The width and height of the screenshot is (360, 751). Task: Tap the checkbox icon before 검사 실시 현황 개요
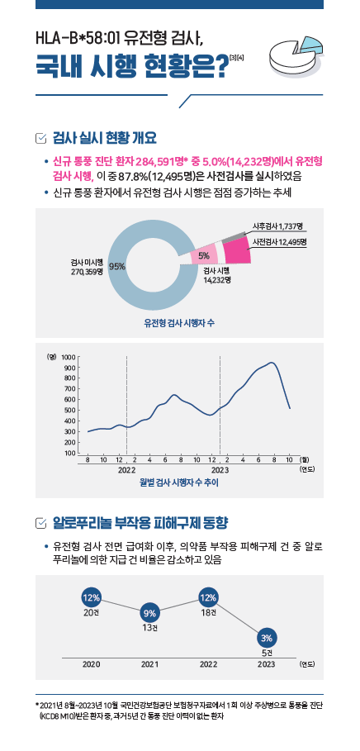(41, 139)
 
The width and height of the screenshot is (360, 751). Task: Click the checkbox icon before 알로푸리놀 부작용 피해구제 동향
(41, 521)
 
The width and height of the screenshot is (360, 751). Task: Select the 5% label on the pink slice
(204, 254)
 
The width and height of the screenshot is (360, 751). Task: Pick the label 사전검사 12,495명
(280, 241)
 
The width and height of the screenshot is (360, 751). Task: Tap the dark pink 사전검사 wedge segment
(237, 251)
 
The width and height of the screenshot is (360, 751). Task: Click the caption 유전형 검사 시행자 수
(179, 324)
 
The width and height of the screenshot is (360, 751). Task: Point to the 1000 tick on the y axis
(68, 357)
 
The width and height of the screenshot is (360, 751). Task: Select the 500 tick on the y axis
(69, 411)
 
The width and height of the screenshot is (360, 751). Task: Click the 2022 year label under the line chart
(127, 470)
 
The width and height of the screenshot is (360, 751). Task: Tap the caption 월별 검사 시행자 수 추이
(179, 482)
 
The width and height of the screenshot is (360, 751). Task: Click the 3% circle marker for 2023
(267, 638)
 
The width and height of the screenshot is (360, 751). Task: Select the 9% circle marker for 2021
(149, 612)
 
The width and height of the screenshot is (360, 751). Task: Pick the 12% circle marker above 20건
(91, 597)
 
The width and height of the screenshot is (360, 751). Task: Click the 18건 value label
(209, 613)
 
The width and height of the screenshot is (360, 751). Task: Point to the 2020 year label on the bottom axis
(91, 664)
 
